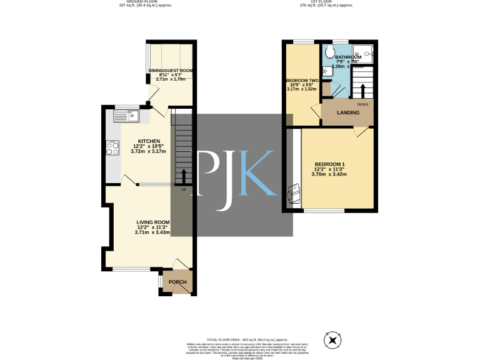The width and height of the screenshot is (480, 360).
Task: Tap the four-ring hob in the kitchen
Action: point(113,148)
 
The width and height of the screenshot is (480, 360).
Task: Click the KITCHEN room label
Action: point(149,141)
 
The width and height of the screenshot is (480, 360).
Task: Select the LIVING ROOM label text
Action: point(153,222)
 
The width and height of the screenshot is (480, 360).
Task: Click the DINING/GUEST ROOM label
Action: point(171,71)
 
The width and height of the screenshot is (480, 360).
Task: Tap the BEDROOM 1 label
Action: point(329,164)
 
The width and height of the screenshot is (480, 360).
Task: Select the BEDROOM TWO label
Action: point(302,81)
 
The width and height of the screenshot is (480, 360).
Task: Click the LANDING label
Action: point(348,113)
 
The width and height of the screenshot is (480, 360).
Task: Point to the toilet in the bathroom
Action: point(330,52)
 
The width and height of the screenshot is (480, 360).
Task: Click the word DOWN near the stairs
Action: point(362,104)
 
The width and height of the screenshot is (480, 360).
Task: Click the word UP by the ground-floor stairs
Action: point(184,189)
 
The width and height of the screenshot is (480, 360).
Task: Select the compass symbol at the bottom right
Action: point(333,341)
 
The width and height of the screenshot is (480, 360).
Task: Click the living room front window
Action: point(131,270)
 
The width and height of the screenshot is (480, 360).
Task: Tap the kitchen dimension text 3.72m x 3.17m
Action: point(149,152)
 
